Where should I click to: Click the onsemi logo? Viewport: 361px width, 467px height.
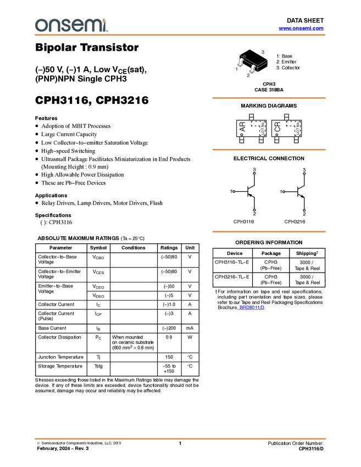[x=71, y=25]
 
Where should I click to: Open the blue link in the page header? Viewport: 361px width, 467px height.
[x=301, y=29]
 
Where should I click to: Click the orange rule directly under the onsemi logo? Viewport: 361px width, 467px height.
[x=180, y=35]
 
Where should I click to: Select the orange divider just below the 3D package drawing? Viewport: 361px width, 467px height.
[x=269, y=98]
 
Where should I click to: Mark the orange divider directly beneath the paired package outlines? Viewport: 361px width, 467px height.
[x=269, y=149]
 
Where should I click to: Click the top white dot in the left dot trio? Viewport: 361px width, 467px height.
[x=254, y=174]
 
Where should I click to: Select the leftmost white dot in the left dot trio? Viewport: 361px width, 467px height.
[x=234, y=192]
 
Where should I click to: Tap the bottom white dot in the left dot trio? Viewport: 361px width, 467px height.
[x=254, y=210]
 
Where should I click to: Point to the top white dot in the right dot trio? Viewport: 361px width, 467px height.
[x=304, y=174]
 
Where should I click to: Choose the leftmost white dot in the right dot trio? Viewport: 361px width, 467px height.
[x=283, y=192]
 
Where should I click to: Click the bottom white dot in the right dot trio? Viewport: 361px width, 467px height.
[x=304, y=210]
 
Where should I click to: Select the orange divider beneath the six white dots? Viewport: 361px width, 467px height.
[x=269, y=232]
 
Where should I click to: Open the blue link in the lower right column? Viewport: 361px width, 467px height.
[x=252, y=308]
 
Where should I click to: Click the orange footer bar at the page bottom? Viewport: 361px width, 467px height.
[x=180, y=439]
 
